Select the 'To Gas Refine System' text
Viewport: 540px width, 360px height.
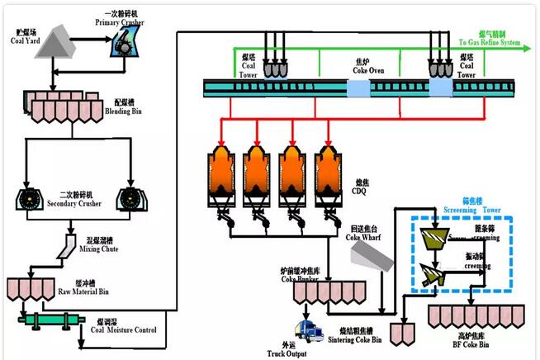pos(490,42)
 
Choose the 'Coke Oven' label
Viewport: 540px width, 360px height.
pos(363,69)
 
